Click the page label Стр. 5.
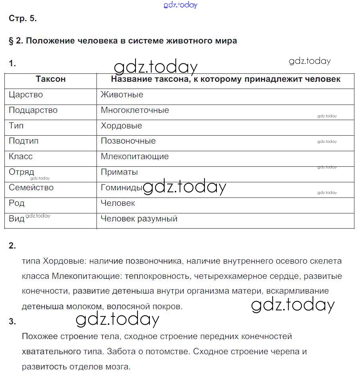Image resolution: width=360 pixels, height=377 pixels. [x=22, y=18]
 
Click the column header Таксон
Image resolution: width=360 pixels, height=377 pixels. [x=51, y=79]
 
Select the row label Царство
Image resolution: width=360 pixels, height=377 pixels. [x=26, y=95]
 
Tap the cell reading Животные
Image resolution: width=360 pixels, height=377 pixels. [x=122, y=95]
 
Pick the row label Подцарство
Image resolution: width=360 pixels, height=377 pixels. [x=33, y=111]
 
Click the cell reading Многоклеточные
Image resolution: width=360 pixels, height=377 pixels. [x=135, y=111]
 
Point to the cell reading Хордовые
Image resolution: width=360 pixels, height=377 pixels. [x=121, y=126]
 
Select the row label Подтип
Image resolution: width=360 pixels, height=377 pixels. [x=24, y=141]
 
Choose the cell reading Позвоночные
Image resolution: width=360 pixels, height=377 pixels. [x=128, y=141]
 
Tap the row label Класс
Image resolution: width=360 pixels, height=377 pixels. [x=21, y=157]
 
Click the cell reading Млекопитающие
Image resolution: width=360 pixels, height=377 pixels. [x=135, y=157]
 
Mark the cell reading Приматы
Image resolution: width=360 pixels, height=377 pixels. [x=119, y=172]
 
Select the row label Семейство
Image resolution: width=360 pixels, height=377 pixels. [x=31, y=188]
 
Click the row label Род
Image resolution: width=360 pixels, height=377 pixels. [x=17, y=203]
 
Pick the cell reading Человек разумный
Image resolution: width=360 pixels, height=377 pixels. [x=139, y=219]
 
